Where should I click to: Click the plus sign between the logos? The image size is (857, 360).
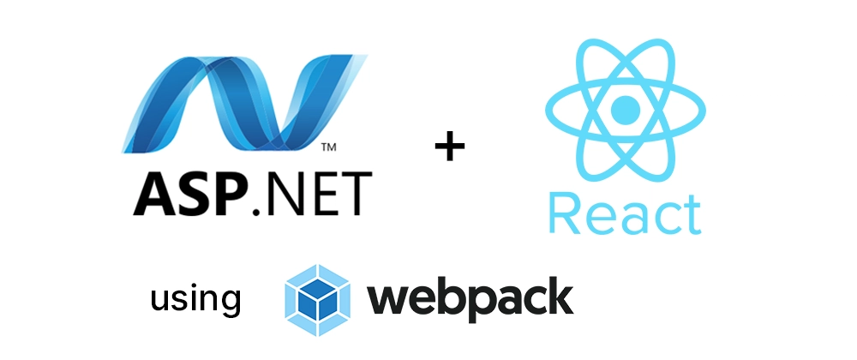(x=450, y=146)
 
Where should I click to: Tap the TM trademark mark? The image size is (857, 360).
(x=328, y=147)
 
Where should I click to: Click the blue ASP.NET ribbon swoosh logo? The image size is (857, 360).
(x=244, y=104)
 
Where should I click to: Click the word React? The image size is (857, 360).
(x=625, y=214)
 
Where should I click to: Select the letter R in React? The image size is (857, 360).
(x=564, y=214)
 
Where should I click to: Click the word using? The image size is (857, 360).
(x=195, y=299)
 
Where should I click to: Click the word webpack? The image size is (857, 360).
(x=470, y=297)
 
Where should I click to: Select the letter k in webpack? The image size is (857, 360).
(x=558, y=295)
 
